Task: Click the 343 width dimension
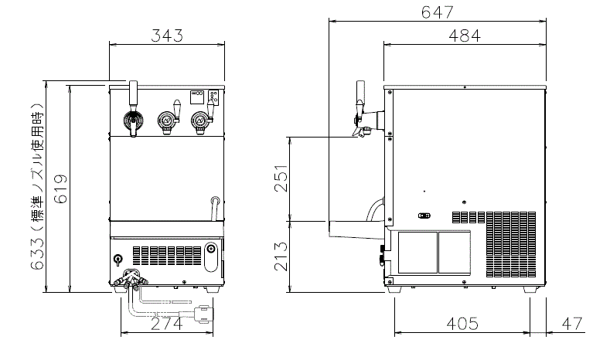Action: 166,36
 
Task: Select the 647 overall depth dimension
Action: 437,12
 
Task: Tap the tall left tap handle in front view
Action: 133,97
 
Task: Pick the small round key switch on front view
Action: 118,260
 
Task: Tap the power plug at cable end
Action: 205,312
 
